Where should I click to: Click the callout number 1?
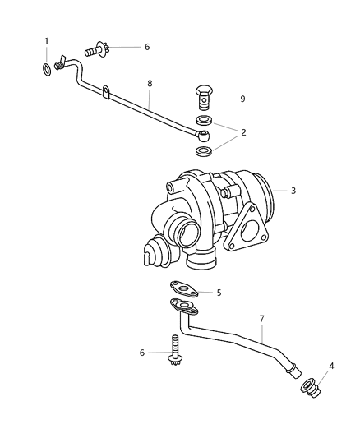click(x=47, y=41)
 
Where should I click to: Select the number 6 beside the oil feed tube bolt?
click(x=146, y=48)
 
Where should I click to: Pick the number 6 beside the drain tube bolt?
click(x=143, y=353)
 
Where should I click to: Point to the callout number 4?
click(x=331, y=367)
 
